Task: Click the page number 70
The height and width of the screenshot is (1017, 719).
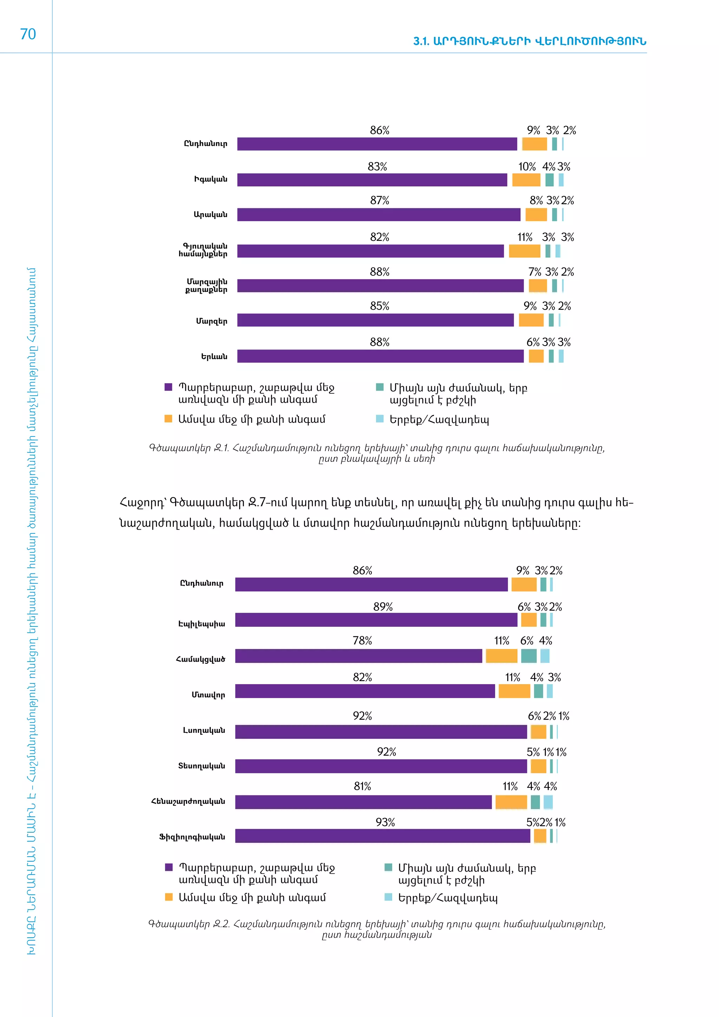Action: click(x=28, y=34)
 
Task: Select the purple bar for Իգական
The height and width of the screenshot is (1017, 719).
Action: click(x=372, y=180)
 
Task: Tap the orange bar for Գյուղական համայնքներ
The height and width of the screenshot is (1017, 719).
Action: click(x=524, y=251)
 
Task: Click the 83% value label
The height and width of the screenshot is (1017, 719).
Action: click(x=377, y=166)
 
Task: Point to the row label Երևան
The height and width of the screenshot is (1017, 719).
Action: click(x=214, y=356)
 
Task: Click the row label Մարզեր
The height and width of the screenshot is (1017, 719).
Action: click(x=212, y=321)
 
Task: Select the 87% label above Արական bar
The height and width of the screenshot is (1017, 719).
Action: click(x=380, y=201)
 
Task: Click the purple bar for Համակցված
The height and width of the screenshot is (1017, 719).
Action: click(x=358, y=656)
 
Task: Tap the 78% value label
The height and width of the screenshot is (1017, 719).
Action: click(x=362, y=641)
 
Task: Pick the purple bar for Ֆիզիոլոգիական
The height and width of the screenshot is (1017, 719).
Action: click(x=383, y=836)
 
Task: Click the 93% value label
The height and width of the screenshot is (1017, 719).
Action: click(x=385, y=822)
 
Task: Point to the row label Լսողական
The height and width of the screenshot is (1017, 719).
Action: click(x=204, y=730)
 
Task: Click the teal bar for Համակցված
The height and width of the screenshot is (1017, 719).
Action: click(x=529, y=656)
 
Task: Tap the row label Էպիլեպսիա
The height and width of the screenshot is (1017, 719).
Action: click(x=202, y=624)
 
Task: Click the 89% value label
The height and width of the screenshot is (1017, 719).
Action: click(x=383, y=607)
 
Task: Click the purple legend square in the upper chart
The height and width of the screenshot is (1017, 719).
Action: click(x=168, y=387)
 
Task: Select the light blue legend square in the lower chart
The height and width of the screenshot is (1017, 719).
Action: click(x=388, y=897)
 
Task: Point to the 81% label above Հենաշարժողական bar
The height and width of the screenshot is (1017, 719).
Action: click(x=362, y=786)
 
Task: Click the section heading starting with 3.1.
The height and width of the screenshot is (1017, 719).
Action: click(x=529, y=41)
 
